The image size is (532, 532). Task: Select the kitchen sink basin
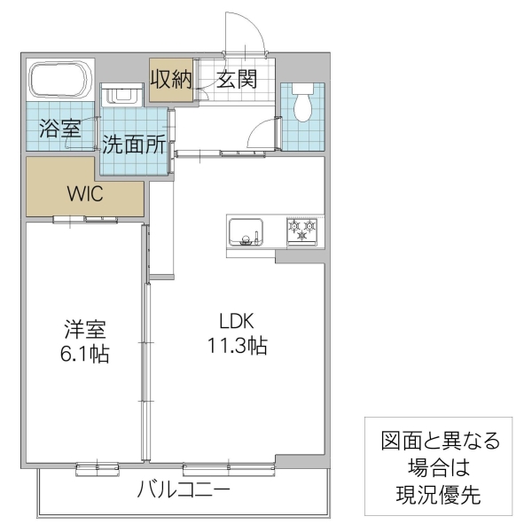[245, 232]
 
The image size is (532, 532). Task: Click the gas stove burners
[301, 232]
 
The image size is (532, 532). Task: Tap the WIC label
[85, 194]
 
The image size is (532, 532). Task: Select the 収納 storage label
[170, 80]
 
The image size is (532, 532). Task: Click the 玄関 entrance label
[236, 80]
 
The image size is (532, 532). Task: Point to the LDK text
[238, 321]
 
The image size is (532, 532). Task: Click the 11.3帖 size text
[238, 346]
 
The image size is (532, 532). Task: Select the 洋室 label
[85, 330]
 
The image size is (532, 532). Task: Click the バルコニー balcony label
[184, 489]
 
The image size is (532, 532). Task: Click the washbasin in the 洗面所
[121, 95]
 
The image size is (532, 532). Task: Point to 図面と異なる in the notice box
[440, 441]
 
